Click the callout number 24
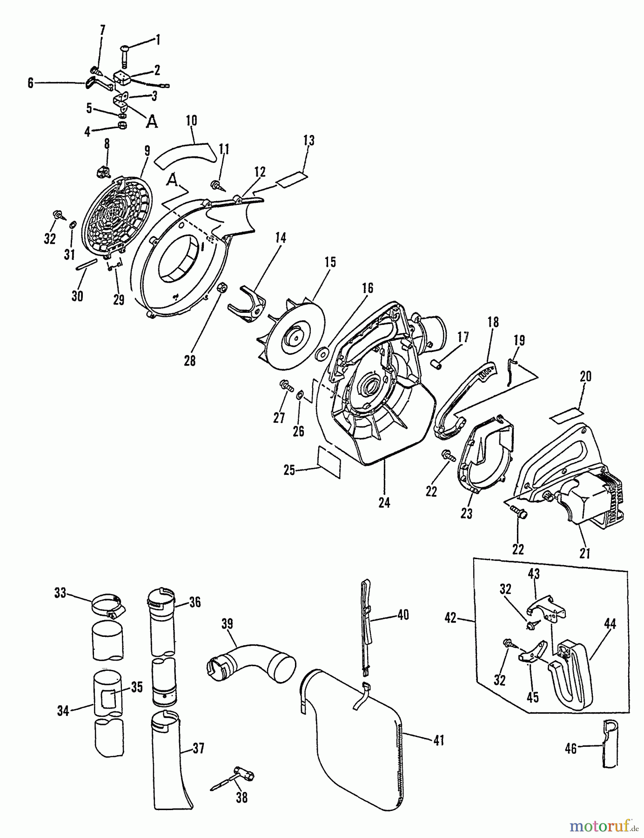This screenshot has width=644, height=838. tap(384, 502)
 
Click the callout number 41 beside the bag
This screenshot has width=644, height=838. tap(438, 740)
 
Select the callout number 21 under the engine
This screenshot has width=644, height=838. tap(585, 553)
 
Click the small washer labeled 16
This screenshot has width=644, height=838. tap(321, 356)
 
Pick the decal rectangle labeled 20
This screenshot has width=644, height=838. tap(566, 415)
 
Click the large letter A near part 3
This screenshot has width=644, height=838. tap(152, 122)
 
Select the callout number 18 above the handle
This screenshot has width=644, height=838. tap(493, 321)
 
